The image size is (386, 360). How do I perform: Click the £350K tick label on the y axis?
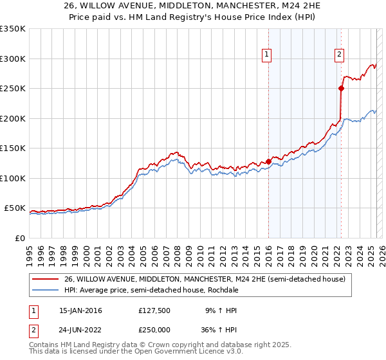click(x=13, y=29)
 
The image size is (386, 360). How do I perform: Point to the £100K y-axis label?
click(x=13, y=178)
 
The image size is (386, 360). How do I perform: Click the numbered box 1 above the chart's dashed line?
click(x=266, y=55)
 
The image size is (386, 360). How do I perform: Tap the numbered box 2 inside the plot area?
click(x=339, y=55)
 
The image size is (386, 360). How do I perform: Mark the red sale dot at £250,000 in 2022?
click(x=341, y=89)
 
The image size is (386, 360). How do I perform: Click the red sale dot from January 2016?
click(x=268, y=161)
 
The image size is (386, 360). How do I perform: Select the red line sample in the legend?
click(x=46, y=279)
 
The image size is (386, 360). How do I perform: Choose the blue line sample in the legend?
click(x=46, y=290)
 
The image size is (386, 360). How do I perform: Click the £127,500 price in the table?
click(x=154, y=310)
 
